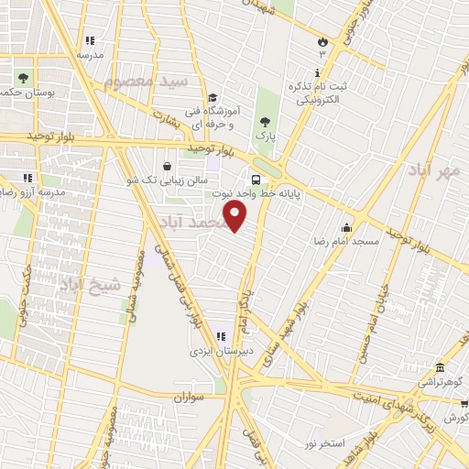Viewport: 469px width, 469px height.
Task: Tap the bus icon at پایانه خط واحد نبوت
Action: pos(256,180)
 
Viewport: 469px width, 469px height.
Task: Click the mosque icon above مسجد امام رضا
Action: pos(346,227)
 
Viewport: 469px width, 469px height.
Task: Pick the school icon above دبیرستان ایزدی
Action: pos(221,336)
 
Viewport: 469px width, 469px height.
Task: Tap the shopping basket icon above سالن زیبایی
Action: pos(166,166)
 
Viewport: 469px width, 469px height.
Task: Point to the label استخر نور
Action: pos(324,444)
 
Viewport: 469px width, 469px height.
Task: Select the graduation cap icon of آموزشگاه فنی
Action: pos(212,98)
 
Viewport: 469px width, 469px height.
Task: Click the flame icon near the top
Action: pos(322,41)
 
